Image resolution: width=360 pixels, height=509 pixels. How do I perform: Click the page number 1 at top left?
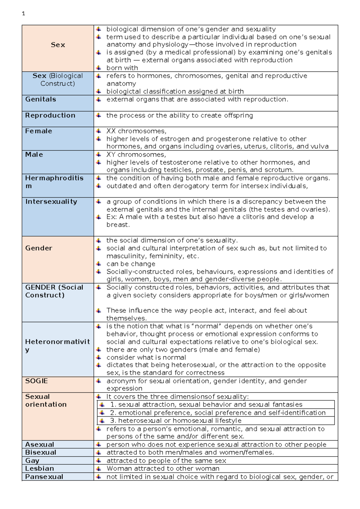23,14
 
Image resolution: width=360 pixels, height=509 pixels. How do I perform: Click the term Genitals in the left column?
40,99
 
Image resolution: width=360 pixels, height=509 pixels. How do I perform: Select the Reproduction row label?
50,116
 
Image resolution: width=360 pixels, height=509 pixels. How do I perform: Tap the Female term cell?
39,131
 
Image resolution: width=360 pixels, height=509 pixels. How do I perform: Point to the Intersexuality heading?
51,202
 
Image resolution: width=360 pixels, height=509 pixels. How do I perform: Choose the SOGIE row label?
37,381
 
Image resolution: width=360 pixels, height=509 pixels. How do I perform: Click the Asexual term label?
40,444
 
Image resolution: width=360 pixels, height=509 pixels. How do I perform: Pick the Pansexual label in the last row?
44,477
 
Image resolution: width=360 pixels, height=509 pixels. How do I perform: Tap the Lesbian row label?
40,468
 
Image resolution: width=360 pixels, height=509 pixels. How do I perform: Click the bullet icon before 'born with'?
98,68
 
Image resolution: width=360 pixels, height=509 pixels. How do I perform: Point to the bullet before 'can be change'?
98,264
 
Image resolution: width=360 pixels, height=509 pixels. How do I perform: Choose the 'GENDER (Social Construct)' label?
54,291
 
